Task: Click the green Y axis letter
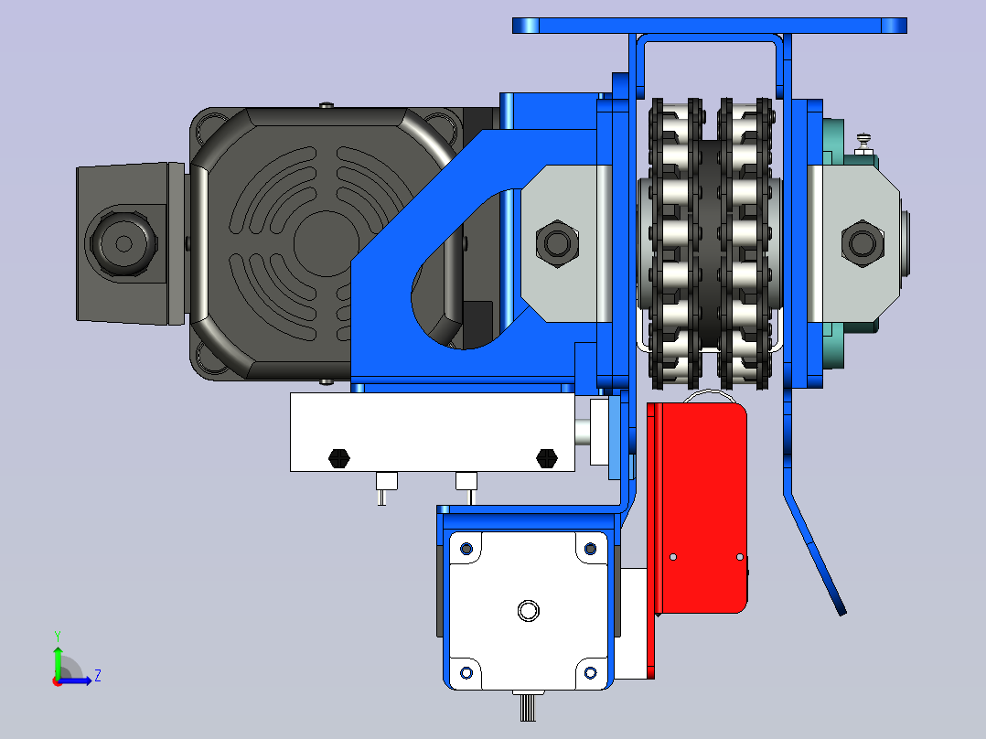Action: click(58, 636)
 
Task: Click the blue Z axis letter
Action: click(98, 676)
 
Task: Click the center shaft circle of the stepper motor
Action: click(529, 610)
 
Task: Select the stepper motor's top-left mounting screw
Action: click(466, 549)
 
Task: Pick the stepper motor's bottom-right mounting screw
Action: click(590, 673)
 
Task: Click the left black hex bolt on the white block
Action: click(339, 458)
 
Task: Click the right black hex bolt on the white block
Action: click(546, 458)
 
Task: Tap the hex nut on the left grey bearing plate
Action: click(556, 243)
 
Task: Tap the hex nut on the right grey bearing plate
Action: click(863, 243)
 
